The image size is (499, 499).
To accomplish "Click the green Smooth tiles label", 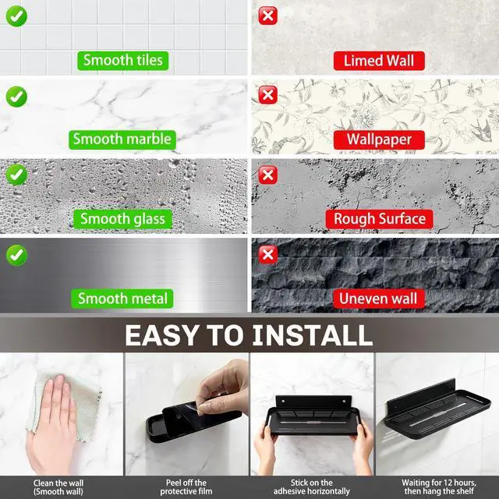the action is [123, 61].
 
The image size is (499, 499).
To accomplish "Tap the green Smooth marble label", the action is [122, 140].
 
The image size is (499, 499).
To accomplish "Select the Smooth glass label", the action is [122, 219].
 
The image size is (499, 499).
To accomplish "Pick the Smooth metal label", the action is [122, 299].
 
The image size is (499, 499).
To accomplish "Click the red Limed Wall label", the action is [379, 61].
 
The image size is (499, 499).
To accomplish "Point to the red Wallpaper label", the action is [379, 140].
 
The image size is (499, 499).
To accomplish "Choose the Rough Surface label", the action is [380, 219].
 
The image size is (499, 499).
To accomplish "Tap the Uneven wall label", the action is [379, 299].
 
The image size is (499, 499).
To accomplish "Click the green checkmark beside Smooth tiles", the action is [16, 16].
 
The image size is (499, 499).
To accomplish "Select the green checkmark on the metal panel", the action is [16, 255].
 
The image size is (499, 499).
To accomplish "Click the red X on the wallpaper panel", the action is [268, 95].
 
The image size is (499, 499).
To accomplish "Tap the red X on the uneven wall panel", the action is [268, 255].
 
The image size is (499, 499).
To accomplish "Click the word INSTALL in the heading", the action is [312, 335].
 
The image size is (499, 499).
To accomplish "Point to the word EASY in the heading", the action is [162, 335].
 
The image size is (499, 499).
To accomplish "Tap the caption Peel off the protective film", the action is [186, 487].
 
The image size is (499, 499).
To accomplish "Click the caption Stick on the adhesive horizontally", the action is [312, 487].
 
